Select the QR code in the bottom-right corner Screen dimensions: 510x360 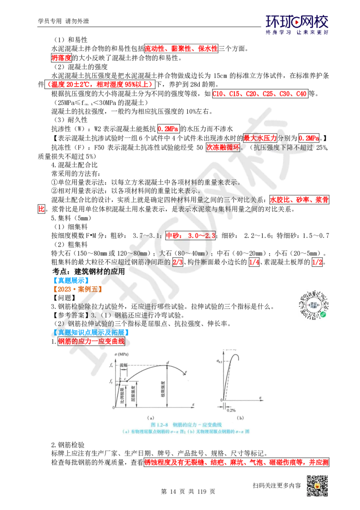[x=316, y=487]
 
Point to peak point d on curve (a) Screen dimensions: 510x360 [x=167, y=362]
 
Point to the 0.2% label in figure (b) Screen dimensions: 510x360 [x=230, y=410]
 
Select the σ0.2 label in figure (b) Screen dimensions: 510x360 [x=220, y=361]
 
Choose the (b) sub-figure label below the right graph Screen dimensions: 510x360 [x=240, y=418]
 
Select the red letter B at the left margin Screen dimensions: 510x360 [x=41, y=209]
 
